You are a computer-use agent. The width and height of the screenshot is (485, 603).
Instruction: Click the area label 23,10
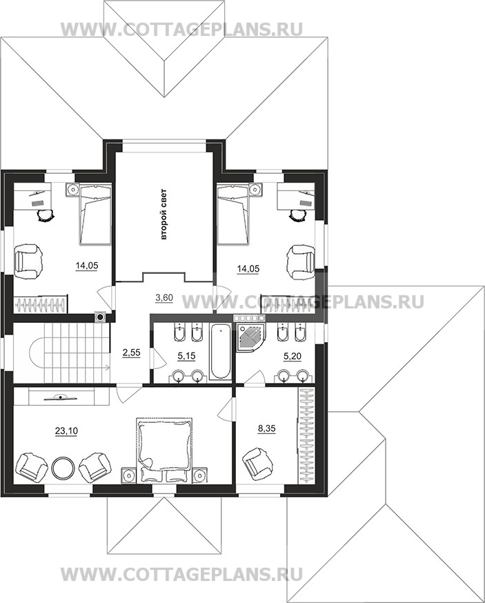(x=66, y=431)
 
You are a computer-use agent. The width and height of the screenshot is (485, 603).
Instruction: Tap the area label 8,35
(x=267, y=428)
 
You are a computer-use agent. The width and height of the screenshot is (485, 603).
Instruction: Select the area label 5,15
(x=186, y=356)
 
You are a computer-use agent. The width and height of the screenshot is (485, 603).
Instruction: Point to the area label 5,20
(x=293, y=357)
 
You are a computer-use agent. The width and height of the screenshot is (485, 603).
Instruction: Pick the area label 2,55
(x=132, y=353)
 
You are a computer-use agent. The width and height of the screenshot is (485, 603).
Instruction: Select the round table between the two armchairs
(x=62, y=467)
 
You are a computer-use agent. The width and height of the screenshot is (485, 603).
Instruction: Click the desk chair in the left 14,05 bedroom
(x=45, y=215)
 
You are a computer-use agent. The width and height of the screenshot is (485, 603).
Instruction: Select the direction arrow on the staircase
(x=77, y=368)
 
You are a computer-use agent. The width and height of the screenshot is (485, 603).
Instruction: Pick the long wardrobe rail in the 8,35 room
(x=306, y=435)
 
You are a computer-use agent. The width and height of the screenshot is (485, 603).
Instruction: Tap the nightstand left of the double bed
(x=128, y=474)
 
